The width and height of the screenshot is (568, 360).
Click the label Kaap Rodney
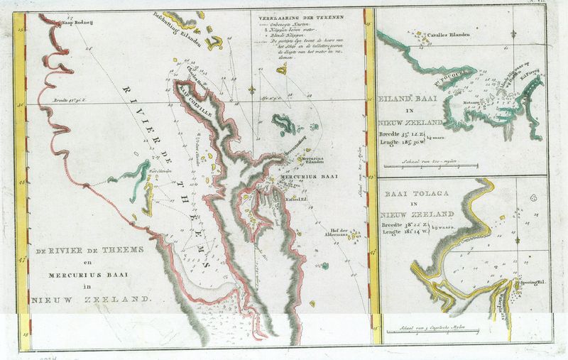pyautogui.click(x=80, y=23)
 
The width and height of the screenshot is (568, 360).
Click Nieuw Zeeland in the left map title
pyautogui.click(x=91, y=300)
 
